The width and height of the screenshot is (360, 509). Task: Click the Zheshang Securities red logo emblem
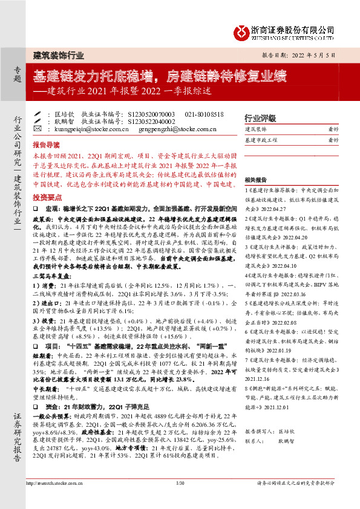pos(243,30)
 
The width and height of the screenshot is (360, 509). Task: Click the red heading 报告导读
pos(47,146)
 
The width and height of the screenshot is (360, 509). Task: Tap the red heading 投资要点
pos(47,181)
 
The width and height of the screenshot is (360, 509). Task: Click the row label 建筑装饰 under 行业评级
pos(255,129)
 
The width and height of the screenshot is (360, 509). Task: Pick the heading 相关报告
pos(257,180)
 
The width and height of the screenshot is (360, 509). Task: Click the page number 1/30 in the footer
pos(179,500)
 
